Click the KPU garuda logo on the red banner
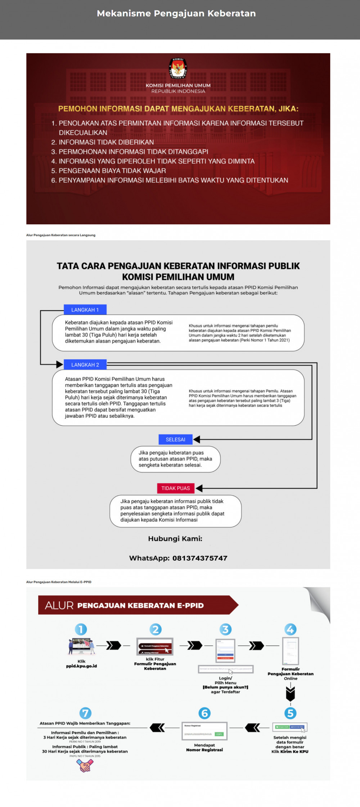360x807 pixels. click(178, 68)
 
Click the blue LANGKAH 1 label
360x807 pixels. click(85, 310)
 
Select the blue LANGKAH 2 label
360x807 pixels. click(85, 364)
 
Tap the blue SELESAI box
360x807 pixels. click(175, 439)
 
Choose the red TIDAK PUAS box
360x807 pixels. click(175, 488)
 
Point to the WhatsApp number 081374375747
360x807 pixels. click(200, 558)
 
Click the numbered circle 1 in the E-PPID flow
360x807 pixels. click(81, 629)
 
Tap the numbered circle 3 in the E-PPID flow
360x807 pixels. click(225, 629)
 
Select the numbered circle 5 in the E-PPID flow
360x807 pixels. click(290, 713)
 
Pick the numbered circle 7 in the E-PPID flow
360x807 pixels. click(85, 713)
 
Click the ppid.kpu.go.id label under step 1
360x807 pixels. click(81, 666)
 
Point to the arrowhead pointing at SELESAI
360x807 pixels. click(197, 439)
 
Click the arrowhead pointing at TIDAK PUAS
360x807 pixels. click(199, 488)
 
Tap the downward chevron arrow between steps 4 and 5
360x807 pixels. click(290, 693)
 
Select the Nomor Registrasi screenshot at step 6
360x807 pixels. click(204, 731)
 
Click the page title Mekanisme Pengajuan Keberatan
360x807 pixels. click(176, 13)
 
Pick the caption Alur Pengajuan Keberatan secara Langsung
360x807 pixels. click(61, 235)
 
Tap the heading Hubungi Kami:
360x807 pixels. click(175, 538)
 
